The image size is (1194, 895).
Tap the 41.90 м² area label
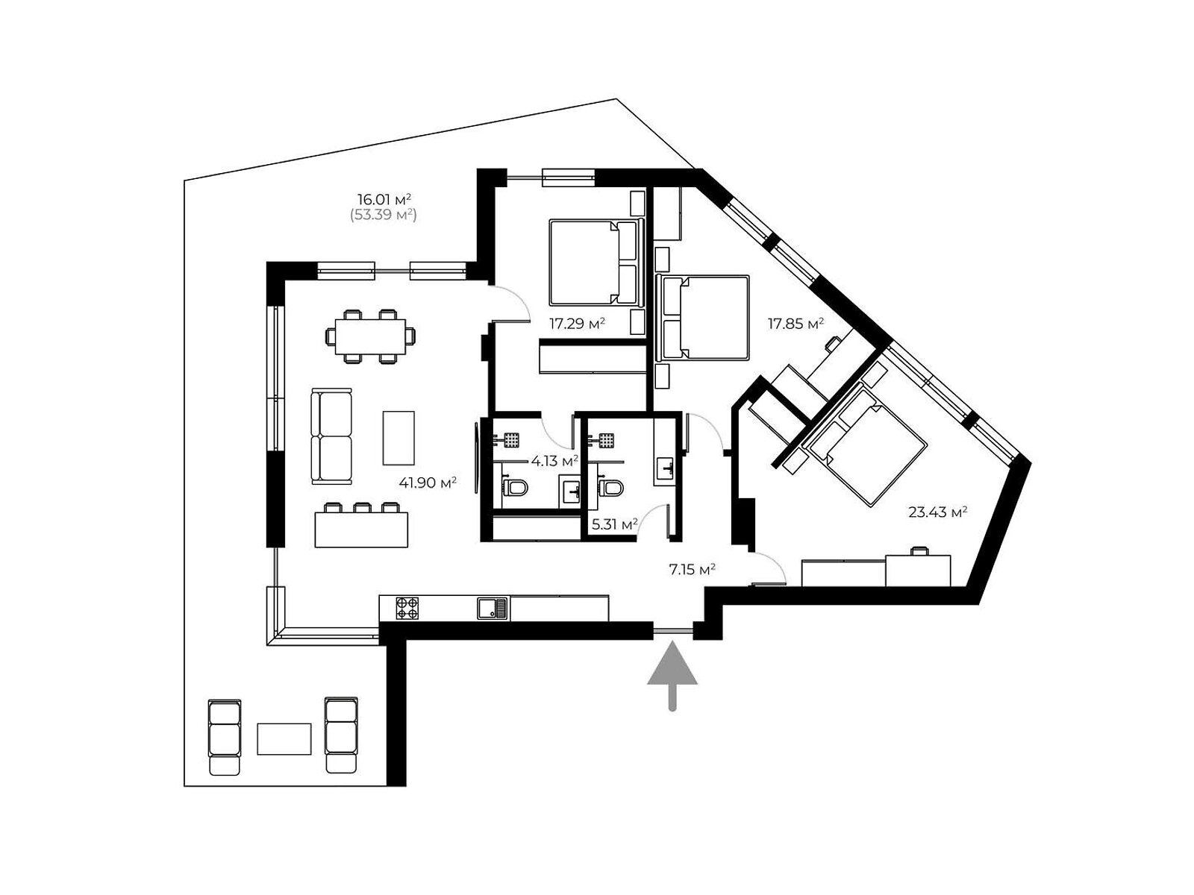click(427, 483)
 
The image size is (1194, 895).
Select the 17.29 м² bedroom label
click(577, 324)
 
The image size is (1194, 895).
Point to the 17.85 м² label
click(796, 324)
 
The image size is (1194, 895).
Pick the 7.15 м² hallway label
click(692, 570)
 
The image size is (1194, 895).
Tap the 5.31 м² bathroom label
click(615, 524)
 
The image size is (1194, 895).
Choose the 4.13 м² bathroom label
click(554, 462)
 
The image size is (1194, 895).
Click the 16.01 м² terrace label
click(384, 199)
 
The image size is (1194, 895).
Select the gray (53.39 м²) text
click(384, 215)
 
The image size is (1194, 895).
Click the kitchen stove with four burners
click(407, 608)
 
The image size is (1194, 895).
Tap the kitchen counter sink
click(493, 608)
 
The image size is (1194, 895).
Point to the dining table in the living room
click(370, 336)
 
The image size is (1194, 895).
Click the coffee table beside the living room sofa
click(398, 438)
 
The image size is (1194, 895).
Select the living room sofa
click(331, 436)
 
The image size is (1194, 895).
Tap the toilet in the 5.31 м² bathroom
click(610, 487)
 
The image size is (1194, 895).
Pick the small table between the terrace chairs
click(284, 739)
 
